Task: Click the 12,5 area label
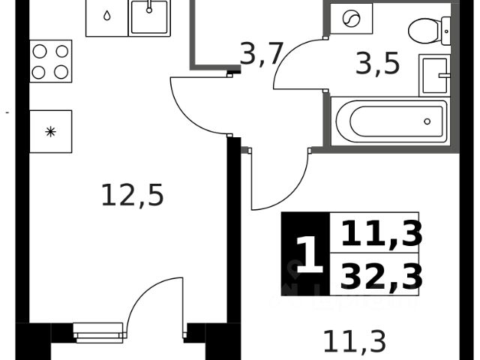tap(132, 196)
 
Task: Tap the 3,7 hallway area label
tap(260, 53)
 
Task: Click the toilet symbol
tap(430, 32)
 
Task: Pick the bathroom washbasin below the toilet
tap(435, 75)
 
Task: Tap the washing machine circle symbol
tap(351, 19)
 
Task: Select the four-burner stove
tap(50, 61)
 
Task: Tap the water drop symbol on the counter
tap(106, 16)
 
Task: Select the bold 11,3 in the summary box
tap(381, 234)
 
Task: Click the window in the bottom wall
tap(99, 332)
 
